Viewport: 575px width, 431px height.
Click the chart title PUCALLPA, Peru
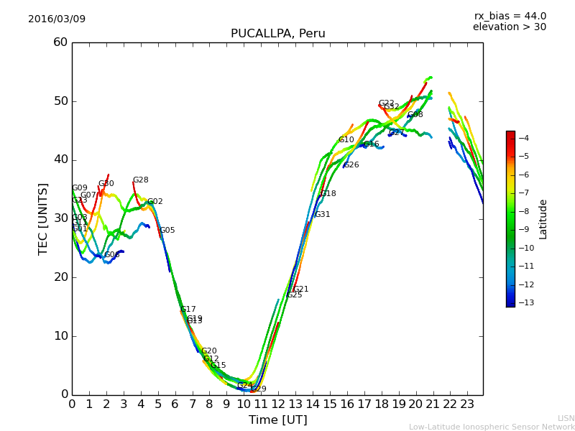click(277, 34)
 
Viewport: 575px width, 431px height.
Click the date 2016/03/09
click(57, 19)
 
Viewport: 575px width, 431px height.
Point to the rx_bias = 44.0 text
click(510, 16)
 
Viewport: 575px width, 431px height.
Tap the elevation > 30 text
click(509, 27)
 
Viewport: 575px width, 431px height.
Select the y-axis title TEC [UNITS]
click(43, 218)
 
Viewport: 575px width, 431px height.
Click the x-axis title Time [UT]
click(277, 420)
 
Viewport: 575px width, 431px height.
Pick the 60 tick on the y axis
click(60, 42)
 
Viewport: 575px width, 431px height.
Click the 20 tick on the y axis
click(60, 277)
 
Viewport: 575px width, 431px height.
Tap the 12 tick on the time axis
click(278, 404)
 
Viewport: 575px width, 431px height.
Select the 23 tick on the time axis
click(467, 404)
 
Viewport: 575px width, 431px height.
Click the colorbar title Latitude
click(543, 219)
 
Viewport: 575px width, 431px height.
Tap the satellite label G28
click(140, 180)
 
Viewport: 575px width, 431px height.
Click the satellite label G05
click(167, 231)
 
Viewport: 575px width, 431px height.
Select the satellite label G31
click(322, 215)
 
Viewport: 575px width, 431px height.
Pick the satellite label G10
click(346, 140)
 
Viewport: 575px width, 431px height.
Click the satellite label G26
click(351, 165)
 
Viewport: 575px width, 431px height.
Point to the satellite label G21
click(300, 289)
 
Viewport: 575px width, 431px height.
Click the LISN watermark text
click(566, 418)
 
